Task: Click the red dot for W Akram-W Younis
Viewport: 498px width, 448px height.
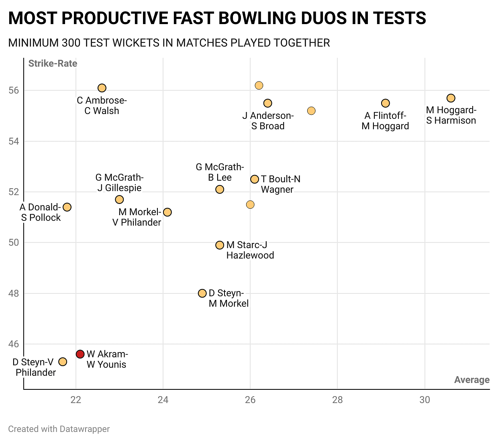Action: coord(80,354)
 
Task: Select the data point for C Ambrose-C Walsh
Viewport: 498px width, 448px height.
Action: coord(102,88)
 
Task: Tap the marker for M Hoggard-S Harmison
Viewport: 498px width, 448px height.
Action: coord(451,98)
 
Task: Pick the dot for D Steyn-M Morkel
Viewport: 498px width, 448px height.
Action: coord(202,293)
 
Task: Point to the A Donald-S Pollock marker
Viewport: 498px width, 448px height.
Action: coord(67,207)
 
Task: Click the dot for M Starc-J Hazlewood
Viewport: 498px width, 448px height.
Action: coord(220,245)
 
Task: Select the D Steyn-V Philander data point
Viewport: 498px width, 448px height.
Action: coord(63,362)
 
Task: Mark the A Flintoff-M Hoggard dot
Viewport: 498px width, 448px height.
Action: coord(386,103)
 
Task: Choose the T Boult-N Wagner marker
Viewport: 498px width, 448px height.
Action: coord(255,179)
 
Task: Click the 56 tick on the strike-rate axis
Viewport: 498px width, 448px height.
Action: coord(14,90)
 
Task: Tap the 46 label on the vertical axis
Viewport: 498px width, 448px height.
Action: coord(14,344)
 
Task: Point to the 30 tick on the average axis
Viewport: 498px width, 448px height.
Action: coord(425,400)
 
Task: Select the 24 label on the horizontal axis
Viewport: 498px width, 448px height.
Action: coord(163,400)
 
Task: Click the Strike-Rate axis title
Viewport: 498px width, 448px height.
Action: coord(53,63)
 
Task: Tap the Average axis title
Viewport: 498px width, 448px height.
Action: coord(472,380)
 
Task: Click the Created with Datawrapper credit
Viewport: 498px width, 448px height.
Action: coord(59,429)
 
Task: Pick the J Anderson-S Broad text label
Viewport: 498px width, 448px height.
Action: coord(268,121)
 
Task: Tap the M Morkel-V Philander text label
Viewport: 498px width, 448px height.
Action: coord(137,217)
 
